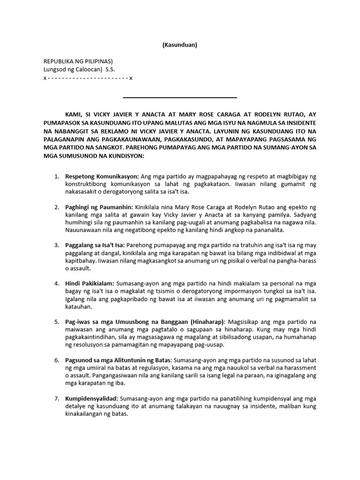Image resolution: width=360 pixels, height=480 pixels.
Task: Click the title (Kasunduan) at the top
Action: [180, 45]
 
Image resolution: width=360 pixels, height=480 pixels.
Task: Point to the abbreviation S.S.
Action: [110, 69]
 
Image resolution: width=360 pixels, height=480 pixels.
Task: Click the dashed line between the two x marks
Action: [88, 78]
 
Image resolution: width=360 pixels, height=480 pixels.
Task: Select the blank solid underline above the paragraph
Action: [180, 97]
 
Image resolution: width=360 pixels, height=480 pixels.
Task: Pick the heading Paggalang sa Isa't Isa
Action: [95, 245]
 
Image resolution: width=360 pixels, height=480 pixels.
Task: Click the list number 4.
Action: [56, 284]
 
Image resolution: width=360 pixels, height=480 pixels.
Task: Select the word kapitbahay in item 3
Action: [79, 261]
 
